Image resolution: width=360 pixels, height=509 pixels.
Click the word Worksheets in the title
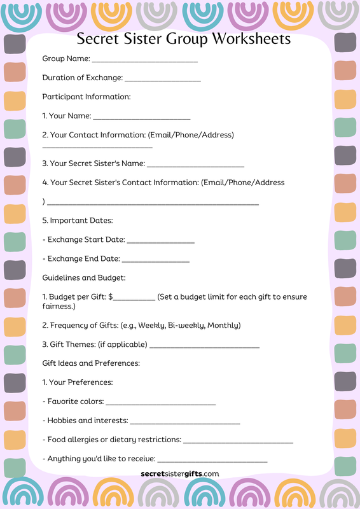click(x=251, y=39)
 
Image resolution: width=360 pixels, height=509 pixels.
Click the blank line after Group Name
click(x=145, y=61)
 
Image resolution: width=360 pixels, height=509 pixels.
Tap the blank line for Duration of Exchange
click(x=163, y=80)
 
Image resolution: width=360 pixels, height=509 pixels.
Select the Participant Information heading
click(x=86, y=97)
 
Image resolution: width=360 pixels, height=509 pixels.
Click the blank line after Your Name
click(x=142, y=118)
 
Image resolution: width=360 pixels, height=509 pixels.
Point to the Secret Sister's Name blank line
click(x=195, y=165)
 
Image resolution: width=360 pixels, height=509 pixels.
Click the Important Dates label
click(x=77, y=220)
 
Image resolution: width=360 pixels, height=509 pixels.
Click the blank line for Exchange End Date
click(x=156, y=261)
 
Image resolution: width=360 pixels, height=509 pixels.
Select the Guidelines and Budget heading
click(x=83, y=277)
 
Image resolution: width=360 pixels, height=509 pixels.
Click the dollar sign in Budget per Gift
click(x=111, y=296)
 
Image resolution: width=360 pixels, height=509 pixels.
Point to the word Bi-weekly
click(x=186, y=325)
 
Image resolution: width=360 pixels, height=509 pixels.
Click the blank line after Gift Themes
click(x=204, y=347)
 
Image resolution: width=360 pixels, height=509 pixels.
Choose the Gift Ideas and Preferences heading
click(x=91, y=363)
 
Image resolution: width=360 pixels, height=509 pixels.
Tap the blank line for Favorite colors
click(x=161, y=404)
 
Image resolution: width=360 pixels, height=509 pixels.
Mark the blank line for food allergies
click(x=238, y=442)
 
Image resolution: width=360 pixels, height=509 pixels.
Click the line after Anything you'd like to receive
click(x=212, y=461)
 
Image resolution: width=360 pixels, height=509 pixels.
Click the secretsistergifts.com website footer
click(x=180, y=473)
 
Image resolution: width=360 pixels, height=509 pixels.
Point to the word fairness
click(x=59, y=307)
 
